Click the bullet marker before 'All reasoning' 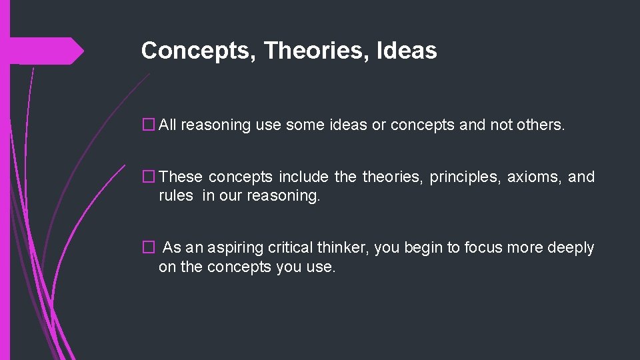click(148, 125)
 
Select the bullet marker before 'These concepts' click(148, 177)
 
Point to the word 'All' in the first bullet click(167, 125)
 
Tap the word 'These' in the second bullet click(181, 177)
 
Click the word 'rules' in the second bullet click(176, 197)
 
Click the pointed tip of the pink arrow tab click(83, 51)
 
